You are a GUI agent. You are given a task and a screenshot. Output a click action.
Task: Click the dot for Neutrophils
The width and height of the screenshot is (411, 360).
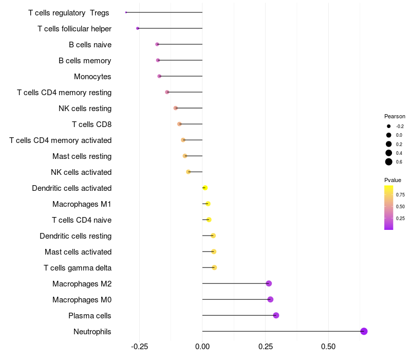[364, 331]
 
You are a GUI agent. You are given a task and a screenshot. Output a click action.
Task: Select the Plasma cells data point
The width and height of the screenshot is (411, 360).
[276, 315]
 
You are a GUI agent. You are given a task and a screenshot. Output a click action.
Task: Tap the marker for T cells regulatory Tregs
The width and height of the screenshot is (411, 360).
[126, 12]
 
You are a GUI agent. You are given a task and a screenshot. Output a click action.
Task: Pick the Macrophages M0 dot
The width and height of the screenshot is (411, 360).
[270, 299]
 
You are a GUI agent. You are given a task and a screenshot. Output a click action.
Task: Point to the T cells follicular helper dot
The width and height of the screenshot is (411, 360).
[138, 28]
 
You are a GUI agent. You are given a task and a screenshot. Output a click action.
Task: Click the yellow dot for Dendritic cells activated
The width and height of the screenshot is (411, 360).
[205, 188]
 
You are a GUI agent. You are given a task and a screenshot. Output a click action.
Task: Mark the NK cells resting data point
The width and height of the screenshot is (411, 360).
[176, 108]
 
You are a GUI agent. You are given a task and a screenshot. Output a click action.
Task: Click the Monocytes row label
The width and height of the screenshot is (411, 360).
[92, 77]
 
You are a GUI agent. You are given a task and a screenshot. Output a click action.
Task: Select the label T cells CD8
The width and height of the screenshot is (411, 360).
[91, 124]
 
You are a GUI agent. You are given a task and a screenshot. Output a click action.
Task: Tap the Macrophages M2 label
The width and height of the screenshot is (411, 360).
[82, 284]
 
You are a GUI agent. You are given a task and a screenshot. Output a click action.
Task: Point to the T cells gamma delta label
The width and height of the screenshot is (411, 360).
[78, 268]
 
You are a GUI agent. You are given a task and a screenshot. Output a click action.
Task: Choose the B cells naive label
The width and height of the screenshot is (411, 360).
[90, 45]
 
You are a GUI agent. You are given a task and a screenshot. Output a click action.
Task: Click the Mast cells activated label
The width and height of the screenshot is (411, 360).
[78, 252]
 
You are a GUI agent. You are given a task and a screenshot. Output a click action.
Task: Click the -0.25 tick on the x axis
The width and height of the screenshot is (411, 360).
[139, 347]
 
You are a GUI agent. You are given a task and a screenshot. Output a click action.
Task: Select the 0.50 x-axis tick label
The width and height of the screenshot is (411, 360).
[328, 347]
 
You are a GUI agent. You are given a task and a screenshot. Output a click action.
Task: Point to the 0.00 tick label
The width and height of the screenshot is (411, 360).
[202, 347]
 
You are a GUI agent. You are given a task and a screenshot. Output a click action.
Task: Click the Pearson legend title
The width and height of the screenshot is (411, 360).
[395, 116]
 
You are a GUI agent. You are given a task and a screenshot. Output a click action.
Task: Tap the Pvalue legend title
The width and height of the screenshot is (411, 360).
[393, 180]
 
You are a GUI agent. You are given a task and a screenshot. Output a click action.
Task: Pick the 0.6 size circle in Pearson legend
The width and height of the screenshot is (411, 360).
[389, 162]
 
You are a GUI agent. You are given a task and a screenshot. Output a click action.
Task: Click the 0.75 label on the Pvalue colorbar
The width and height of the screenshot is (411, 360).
[400, 195]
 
